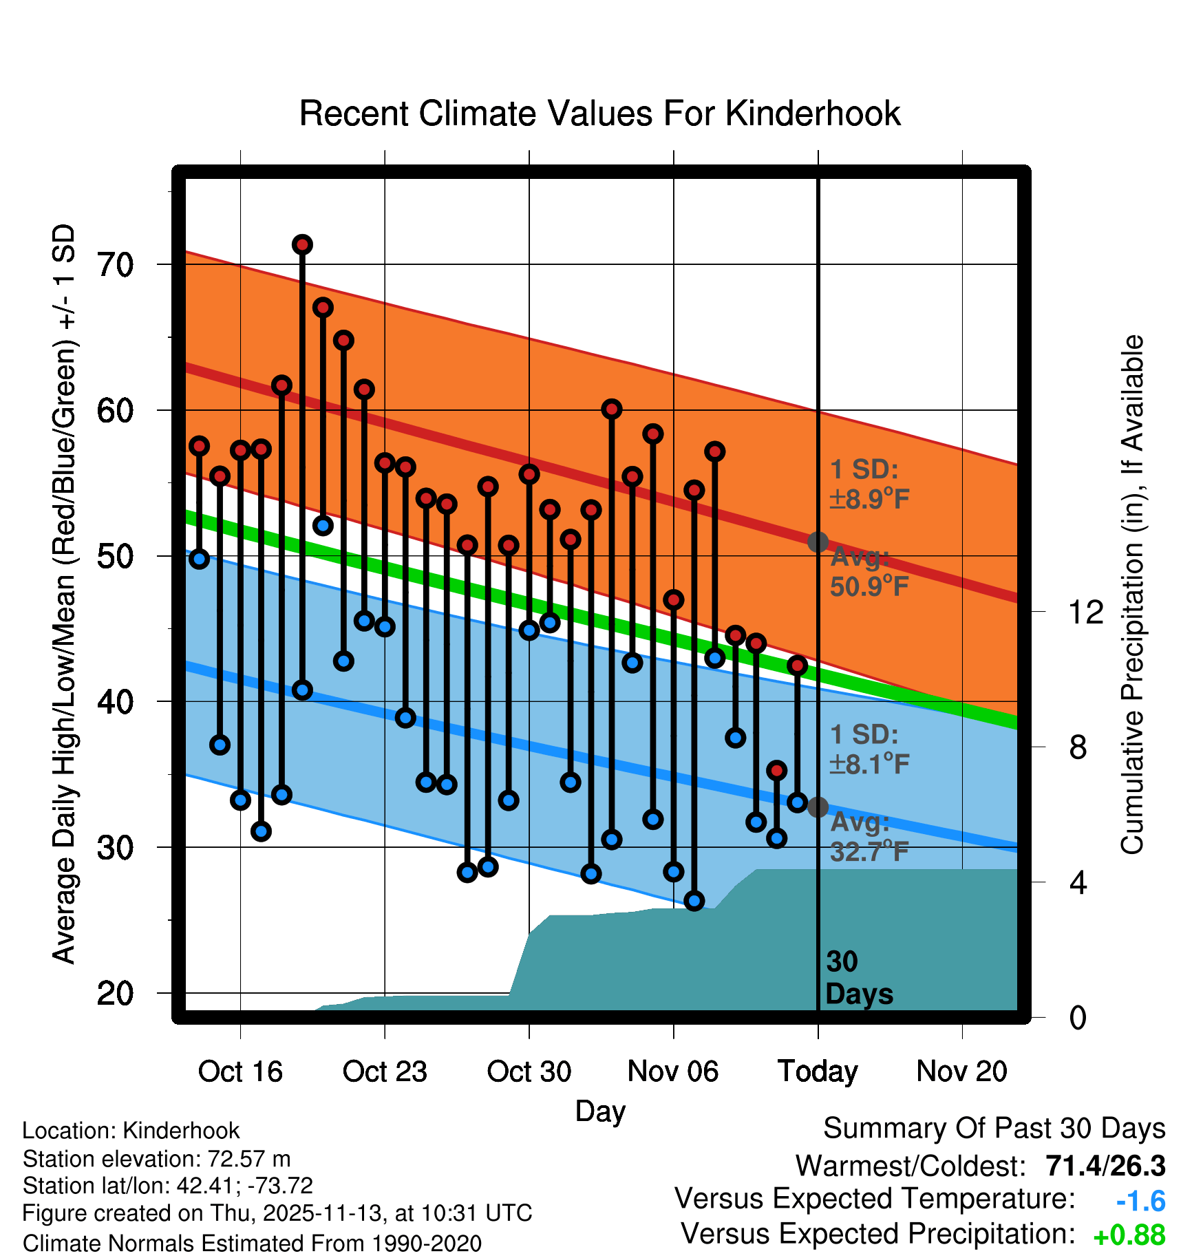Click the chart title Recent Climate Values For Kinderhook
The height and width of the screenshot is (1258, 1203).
click(599, 114)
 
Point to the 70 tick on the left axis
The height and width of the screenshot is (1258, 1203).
click(116, 265)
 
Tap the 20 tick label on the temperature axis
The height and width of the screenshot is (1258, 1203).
click(116, 993)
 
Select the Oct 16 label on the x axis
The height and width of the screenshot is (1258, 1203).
click(240, 1072)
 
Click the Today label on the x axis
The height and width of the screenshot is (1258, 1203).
click(818, 1072)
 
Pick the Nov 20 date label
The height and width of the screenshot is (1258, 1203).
click(961, 1072)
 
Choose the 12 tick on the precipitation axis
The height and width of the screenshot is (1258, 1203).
click(1085, 612)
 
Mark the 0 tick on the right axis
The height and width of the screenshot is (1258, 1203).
click(1078, 1017)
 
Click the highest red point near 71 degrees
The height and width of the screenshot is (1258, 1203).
click(302, 244)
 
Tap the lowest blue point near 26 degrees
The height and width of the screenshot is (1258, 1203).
click(694, 901)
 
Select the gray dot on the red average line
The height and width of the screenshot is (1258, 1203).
click(818, 542)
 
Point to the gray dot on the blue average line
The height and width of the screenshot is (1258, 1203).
click(818, 807)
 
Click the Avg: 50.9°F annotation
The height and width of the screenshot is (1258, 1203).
click(869, 572)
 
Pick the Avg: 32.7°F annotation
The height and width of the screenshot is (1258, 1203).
click(869, 838)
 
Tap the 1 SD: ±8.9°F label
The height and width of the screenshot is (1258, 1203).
click(869, 484)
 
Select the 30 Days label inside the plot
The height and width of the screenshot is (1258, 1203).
click(858, 978)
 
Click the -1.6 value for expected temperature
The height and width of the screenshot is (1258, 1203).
click(1140, 1202)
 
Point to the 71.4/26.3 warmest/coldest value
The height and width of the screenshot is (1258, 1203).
click(1105, 1166)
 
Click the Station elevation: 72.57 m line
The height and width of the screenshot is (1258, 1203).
click(156, 1159)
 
